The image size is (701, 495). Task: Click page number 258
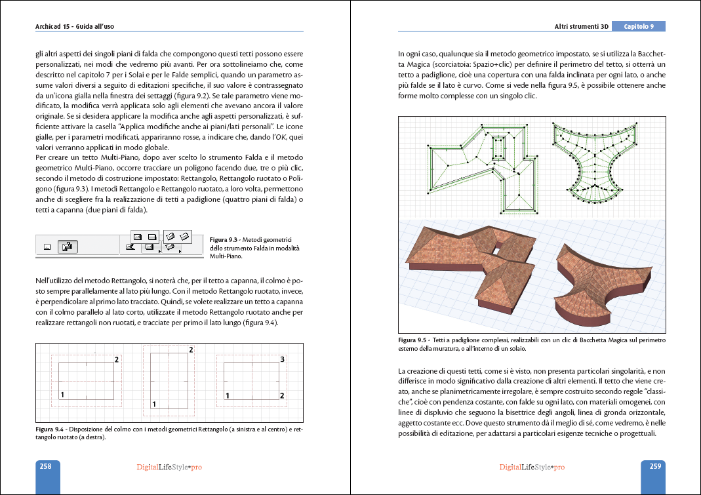pos(46,467)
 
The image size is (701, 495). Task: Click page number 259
pos(654,467)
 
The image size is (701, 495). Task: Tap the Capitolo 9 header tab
pos(639,27)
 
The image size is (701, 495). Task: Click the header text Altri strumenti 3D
pos(582,27)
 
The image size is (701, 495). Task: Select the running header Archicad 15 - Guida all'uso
pos(79,27)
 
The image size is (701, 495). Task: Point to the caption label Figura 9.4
pos(49,429)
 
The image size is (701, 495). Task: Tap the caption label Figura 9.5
pos(412,340)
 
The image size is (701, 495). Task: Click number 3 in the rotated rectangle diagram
pos(282,360)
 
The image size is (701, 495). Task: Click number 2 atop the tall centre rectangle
pos(191,350)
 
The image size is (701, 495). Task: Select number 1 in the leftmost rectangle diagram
pos(62,395)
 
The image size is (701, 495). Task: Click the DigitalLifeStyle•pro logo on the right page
pos(532,467)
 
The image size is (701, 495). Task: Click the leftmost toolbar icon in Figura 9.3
pos(47,247)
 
